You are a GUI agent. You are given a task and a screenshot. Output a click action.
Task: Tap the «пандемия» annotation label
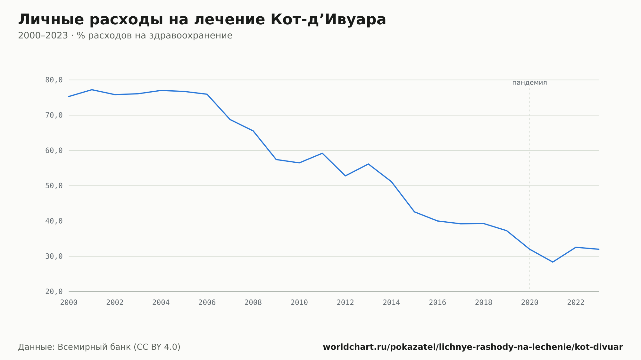529,83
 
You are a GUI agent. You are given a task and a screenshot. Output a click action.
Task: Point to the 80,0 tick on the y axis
54,80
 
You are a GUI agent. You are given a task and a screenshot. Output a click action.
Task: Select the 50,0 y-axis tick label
54,186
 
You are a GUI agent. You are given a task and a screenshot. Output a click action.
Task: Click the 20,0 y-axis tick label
54,291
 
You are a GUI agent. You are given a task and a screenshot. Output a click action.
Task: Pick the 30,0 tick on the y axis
54,256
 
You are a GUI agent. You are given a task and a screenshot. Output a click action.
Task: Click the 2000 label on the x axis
69,302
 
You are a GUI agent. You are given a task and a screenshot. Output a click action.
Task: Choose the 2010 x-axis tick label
299,302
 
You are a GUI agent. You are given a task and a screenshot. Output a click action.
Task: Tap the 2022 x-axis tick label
576,302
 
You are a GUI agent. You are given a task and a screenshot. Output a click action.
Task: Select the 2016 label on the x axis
437,302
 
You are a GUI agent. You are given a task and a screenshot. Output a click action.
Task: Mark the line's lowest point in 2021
553,262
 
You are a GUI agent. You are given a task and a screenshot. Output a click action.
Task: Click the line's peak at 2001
92,90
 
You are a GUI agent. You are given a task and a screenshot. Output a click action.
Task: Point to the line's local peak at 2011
322,153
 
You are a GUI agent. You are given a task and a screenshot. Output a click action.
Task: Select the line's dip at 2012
345,176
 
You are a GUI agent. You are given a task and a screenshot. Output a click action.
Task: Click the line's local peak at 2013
368,164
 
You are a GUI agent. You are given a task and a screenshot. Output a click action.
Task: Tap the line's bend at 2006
207,94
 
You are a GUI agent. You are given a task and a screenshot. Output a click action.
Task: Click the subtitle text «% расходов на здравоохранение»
154,36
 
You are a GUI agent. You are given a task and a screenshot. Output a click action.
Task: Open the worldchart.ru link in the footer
473,347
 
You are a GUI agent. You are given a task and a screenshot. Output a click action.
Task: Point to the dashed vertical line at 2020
529,189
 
